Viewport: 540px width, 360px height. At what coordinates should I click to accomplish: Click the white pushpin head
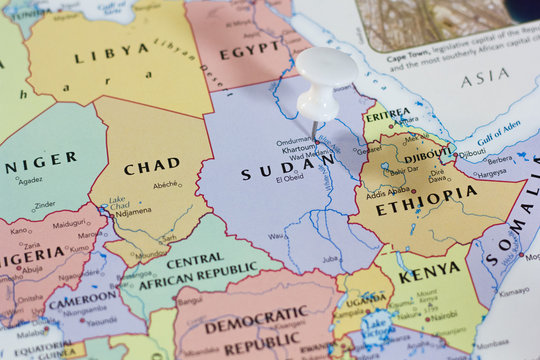click(x=325, y=68)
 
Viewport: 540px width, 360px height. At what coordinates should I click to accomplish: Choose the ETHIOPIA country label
click(x=427, y=197)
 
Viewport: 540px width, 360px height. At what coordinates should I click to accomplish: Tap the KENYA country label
click(x=429, y=272)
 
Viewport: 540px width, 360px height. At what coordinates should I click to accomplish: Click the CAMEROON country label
click(x=82, y=299)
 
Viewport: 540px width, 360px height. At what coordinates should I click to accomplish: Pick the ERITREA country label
click(x=387, y=115)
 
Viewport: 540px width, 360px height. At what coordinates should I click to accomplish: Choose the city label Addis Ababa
click(x=389, y=192)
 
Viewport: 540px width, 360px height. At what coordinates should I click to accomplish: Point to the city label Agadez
click(x=29, y=180)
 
